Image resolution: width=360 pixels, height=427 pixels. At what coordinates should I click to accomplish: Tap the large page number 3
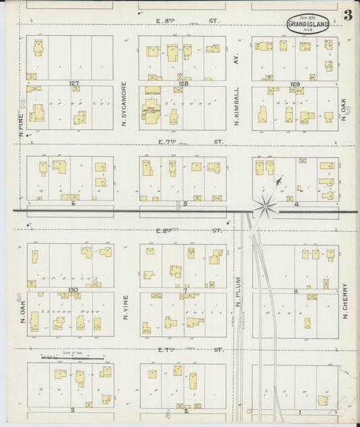[347, 16]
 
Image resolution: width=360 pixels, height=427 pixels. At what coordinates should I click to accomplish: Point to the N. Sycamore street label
[125, 105]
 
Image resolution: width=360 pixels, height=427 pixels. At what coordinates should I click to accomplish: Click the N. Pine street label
[22, 122]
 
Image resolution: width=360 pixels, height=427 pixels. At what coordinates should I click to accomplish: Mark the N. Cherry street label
[344, 301]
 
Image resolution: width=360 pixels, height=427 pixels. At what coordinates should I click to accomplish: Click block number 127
[74, 83]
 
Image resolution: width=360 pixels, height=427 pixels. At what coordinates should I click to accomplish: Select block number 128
[184, 83]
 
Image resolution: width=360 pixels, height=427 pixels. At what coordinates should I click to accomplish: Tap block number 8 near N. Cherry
[296, 291]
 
